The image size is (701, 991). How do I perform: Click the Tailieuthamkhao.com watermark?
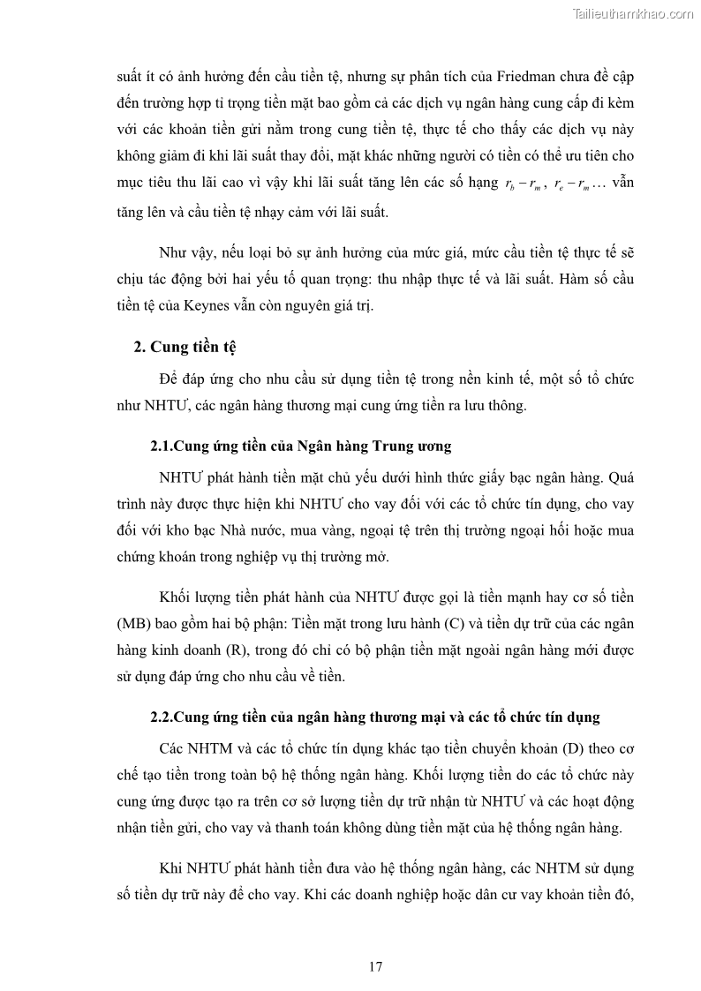coord(633,13)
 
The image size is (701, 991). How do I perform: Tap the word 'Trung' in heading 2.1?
coord(388,447)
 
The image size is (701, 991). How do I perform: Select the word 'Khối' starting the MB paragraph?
coord(175,597)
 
